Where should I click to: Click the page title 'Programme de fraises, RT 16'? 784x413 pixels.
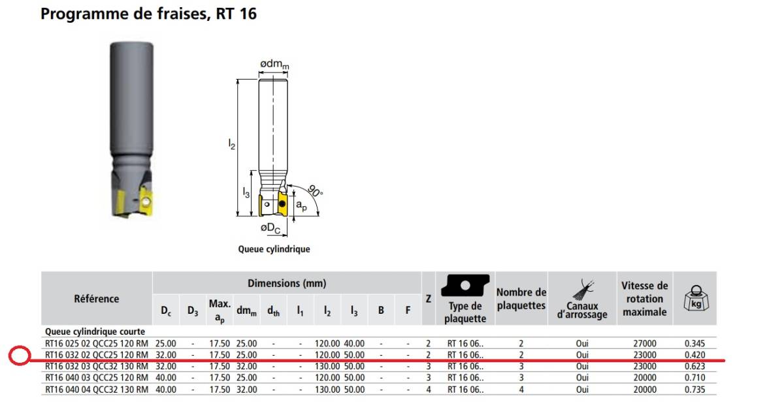[148, 14]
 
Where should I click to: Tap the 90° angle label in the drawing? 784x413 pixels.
[315, 191]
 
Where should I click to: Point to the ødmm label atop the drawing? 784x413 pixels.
[274, 65]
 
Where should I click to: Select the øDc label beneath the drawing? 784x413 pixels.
[270, 228]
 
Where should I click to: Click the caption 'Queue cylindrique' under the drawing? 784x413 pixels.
[274, 249]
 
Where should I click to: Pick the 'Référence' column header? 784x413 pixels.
[96, 299]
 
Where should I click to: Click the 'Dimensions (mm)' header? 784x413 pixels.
[287, 283]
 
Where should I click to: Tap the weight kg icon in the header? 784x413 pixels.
[696, 298]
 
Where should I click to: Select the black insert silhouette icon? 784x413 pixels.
[465, 285]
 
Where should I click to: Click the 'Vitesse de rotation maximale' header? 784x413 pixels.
[645, 299]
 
